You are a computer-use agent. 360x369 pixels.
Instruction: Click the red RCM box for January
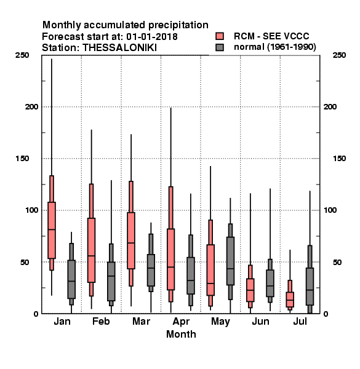(x=52, y=230)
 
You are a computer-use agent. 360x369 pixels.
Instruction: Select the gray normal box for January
(x=71, y=279)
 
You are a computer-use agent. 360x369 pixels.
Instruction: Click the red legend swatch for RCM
(x=220, y=36)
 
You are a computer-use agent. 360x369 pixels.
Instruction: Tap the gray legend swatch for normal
(x=220, y=47)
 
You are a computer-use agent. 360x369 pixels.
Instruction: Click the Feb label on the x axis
(x=101, y=321)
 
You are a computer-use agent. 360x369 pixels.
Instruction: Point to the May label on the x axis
(x=220, y=322)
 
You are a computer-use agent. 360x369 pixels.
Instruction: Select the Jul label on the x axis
(x=300, y=321)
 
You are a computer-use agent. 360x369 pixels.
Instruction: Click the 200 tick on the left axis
(x=31, y=106)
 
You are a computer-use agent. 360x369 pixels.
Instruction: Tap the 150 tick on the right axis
(x=339, y=159)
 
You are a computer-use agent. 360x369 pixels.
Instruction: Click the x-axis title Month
(x=181, y=334)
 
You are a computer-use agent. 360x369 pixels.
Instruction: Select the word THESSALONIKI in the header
(x=120, y=48)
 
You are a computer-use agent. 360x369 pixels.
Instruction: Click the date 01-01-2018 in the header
(x=152, y=37)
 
